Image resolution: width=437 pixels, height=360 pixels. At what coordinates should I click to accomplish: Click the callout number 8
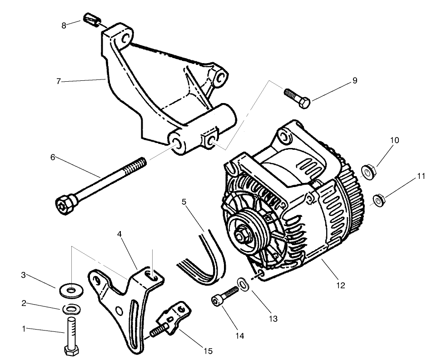coord(64,25)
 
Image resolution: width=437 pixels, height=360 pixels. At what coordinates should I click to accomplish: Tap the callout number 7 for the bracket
coord(58,82)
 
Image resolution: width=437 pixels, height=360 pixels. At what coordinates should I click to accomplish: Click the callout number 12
coord(341,286)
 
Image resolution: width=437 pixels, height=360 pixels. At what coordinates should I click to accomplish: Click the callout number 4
coord(119,234)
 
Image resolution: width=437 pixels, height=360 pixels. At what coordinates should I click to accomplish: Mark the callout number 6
coord(53,157)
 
